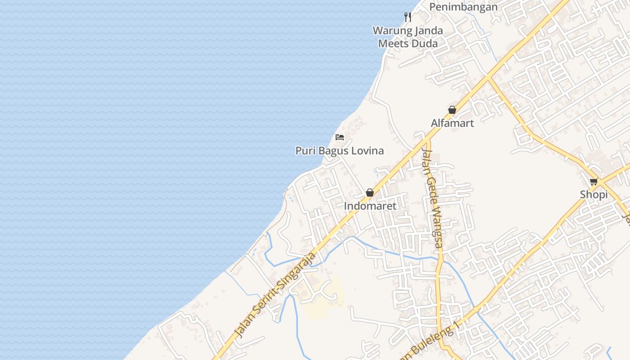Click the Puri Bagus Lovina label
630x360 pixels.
pyautogui.click(x=339, y=151)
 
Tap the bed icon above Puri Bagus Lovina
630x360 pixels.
pyautogui.click(x=340, y=137)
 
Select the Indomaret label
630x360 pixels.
pyautogui.click(x=370, y=206)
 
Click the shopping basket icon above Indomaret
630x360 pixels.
pyautogui.click(x=370, y=193)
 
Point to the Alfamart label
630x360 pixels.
pyautogui.click(x=452, y=123)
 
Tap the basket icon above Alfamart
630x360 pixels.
pyautogui.click(x=452, y=110)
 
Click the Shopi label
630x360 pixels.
pyautogui.click(x=594, y=195)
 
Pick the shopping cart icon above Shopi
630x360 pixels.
pyautogui.click(x=594, y=182)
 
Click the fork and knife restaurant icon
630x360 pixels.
pyautogui.click(x=408, y=17)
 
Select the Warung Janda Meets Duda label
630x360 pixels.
pyautogui.click(x=408, y=37)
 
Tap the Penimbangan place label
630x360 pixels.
pyautogui.click(x=463, y=7)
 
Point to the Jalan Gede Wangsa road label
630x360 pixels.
pyautogui.click(x=432, y=198)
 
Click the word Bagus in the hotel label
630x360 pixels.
pyautogui.click(x=333, y=151)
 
